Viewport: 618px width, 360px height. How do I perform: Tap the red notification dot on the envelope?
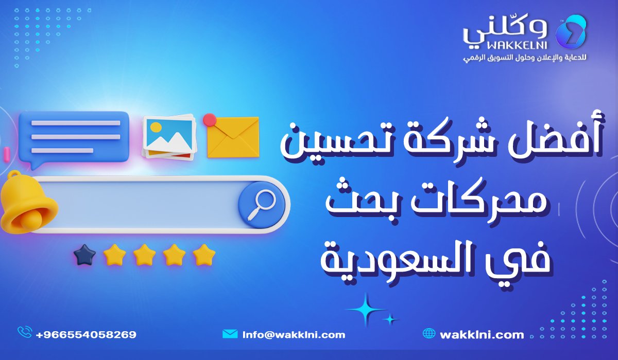coord(209,120)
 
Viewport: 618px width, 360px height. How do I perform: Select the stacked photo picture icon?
coord(169,136)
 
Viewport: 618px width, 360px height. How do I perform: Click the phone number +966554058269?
coord(86,335)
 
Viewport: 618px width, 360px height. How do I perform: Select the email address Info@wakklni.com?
coord(294,335)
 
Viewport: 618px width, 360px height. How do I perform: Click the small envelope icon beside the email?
coord(230,334)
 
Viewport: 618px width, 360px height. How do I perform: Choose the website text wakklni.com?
coord(482,335)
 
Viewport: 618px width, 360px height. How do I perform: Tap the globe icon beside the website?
coord(428,334)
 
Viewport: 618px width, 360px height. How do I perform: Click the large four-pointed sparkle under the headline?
coord(365,309)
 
